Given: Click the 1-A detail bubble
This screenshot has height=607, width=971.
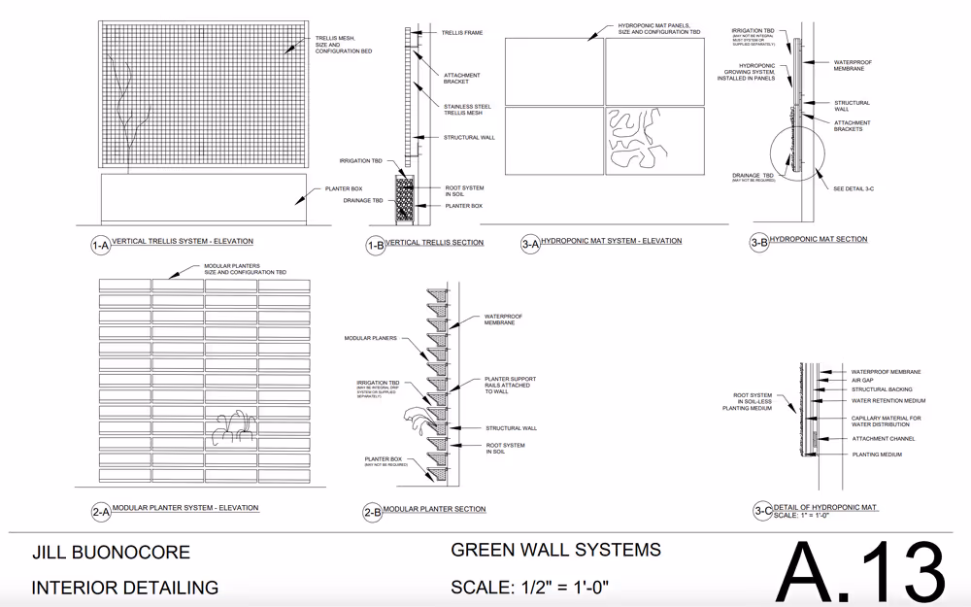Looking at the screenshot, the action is click(100, 246).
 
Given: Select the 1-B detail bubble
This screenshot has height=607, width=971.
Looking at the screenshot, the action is click(375, 247).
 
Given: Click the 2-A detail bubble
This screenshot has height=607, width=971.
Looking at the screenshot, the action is click(101, 512).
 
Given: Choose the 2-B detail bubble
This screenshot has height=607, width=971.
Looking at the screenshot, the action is click(372, 513).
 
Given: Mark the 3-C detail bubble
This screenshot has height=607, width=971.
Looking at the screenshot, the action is click(763, 511).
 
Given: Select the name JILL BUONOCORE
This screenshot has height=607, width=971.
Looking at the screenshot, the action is click(111, 554).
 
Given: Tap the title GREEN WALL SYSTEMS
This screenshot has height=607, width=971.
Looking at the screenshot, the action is click(555, 550).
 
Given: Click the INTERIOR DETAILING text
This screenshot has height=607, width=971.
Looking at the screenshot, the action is click(124, 588).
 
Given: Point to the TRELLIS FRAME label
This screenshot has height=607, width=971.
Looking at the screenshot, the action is click(462, 33).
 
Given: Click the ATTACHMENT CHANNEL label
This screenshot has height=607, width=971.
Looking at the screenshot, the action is click(883, 439).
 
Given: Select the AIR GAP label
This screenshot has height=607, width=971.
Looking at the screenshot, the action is click(863, 381).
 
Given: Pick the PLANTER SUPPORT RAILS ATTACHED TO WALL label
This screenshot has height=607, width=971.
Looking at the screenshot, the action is click(510, 386).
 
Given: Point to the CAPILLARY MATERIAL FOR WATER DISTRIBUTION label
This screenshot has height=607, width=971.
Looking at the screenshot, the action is click(886, 422).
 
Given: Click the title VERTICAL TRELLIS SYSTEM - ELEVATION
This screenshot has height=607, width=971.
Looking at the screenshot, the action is click(183, 242).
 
